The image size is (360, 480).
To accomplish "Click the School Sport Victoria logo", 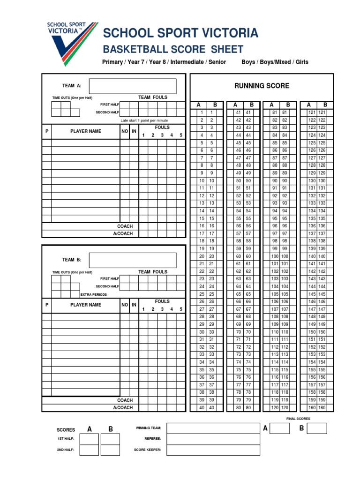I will pos(71,42).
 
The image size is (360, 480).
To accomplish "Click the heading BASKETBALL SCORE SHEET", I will pos(173,49).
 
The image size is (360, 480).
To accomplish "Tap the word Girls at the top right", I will pos(300,62).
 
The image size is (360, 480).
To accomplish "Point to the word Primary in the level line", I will pos(112,62).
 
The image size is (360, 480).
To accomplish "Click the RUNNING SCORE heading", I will pos(262,86).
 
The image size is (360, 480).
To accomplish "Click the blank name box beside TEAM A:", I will pos(132,86).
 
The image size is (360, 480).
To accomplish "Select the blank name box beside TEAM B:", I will pos(132,260).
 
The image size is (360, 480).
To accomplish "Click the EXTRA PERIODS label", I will pos(94,295).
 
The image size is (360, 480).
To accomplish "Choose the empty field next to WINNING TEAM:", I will pos(213,428).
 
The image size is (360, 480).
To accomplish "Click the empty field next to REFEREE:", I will pos(213,439).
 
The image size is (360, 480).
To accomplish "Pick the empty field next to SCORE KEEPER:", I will pos(213,450).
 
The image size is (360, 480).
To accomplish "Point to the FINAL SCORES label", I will pos(298,419).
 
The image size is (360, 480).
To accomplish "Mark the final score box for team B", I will pos(317,428).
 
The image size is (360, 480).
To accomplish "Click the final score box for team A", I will pos(280,428).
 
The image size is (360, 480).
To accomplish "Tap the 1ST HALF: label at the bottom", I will pos(66,439).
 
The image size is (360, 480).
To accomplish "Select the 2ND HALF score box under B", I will pos(111,450).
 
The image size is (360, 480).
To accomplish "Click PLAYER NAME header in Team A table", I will pos(86,131).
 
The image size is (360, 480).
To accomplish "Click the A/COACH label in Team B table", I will pos(123,408).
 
